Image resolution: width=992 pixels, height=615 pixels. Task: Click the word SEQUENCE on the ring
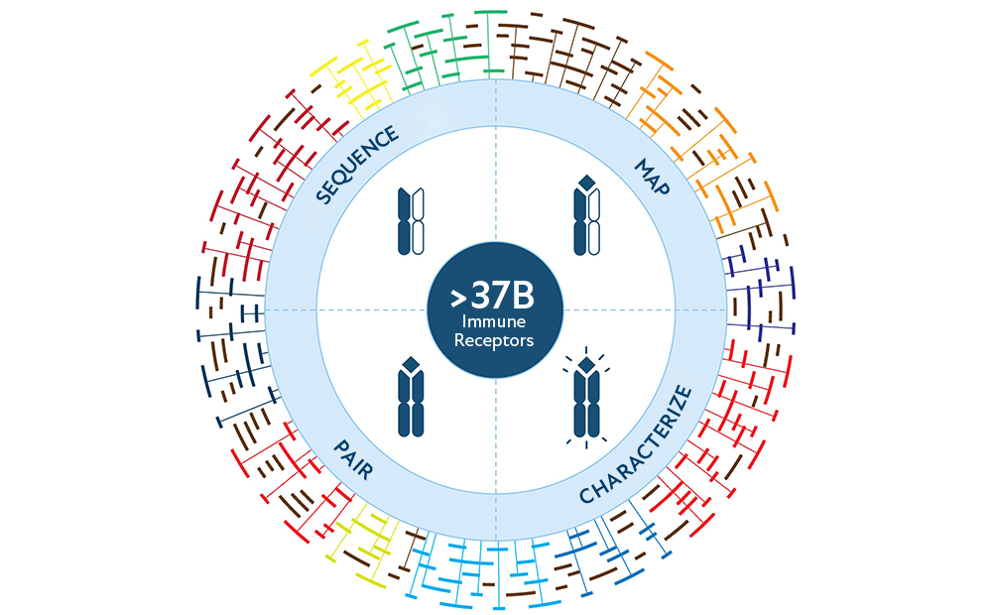pos(357,165)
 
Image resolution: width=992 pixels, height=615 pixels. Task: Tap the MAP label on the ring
pos(653,177)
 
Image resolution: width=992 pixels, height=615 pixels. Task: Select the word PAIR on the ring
pos(353,459)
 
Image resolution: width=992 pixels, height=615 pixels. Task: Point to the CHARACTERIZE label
pos(636,444)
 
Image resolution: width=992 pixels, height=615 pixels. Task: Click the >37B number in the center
pos(493,296)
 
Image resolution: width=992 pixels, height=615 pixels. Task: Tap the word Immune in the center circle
pos(493,321)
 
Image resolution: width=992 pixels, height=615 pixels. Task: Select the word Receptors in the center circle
pos(494,340)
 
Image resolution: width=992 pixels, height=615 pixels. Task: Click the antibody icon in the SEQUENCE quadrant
pos(411,221)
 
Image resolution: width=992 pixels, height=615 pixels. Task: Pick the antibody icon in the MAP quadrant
pos(586,215)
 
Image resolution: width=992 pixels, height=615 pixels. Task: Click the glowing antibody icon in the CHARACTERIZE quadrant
pos(586,397)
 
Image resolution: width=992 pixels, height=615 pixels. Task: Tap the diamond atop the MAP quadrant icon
pos(586,183)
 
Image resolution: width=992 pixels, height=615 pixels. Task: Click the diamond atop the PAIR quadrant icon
pos(411,363)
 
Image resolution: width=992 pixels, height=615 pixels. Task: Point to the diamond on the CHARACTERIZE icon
pos(586,364)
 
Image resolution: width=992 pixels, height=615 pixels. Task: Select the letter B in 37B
pos(525,296)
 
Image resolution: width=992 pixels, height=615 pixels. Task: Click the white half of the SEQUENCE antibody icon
pos(418,221)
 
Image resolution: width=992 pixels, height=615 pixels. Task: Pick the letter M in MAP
pos(645,168)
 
